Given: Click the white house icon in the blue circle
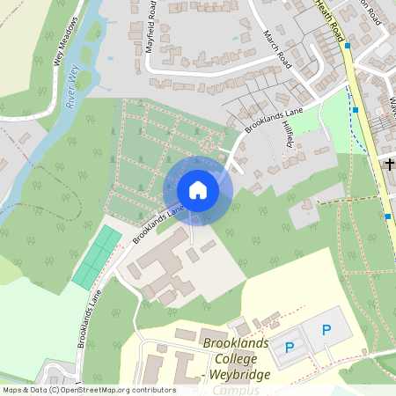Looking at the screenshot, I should [198, 190].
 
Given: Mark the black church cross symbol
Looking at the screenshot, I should [389, 164].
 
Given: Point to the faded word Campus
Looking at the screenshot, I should [231, 390].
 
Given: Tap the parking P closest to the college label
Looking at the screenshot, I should [290, 347].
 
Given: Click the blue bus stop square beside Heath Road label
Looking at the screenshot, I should [348, 45].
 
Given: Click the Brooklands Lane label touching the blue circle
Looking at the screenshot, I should [158, 225].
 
